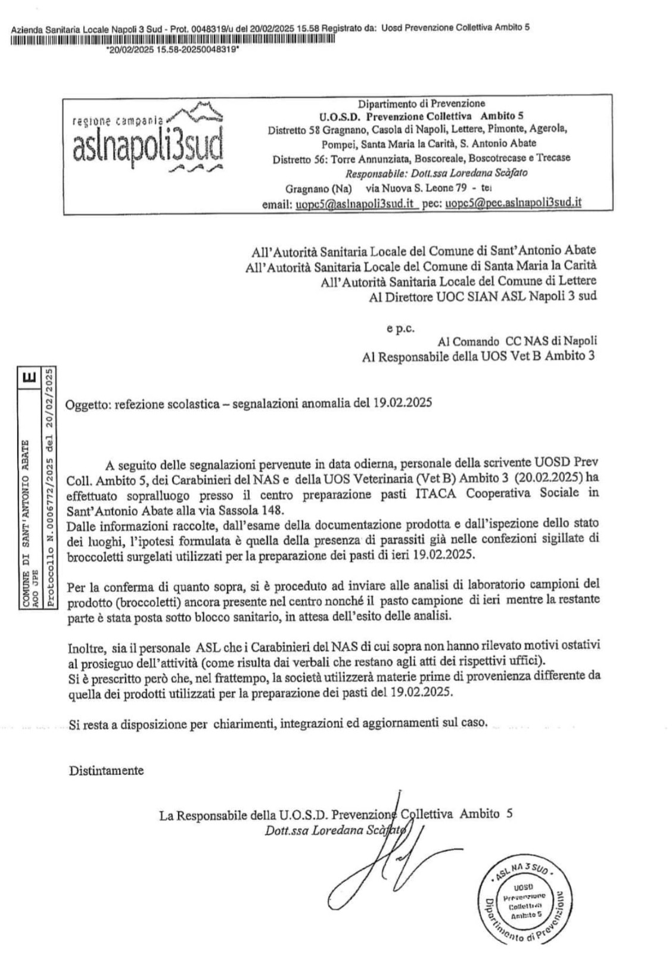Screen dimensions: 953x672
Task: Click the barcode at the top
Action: click(x=173, y=40)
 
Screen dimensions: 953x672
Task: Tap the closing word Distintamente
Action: click(x=106, y=770)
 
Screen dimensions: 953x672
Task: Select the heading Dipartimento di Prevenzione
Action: click(x=421, y=104)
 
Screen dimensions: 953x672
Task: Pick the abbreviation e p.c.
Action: click(x=400, y=327)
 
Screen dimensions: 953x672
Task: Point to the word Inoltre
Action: click(x=86, y=646)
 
